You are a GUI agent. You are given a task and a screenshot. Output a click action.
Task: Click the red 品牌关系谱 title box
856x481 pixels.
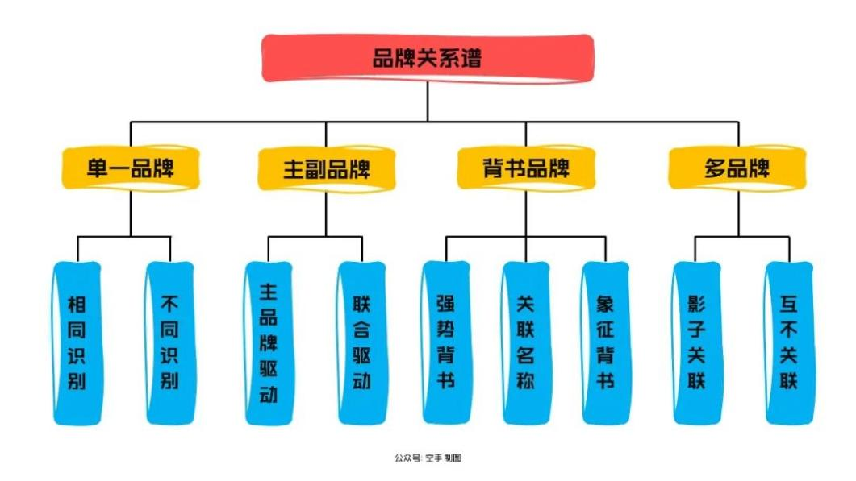coord(428,58)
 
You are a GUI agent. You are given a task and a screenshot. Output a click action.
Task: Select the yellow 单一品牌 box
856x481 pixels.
coord(131,169)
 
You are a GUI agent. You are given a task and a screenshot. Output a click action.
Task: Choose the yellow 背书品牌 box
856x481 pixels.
coord(526,169)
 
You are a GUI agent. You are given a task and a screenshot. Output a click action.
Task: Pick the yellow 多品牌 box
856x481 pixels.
coord(737,169)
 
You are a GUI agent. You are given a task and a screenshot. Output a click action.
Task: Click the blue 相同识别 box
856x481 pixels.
coord(77,342)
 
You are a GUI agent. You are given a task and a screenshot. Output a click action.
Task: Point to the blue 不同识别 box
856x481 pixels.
coord(170,342)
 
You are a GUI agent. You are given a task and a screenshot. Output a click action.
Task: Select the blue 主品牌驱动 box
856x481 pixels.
coord(269,342)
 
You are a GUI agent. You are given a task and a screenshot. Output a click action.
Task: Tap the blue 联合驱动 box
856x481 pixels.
coord(362,342)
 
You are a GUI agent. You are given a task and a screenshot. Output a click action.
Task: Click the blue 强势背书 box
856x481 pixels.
coord(445,342)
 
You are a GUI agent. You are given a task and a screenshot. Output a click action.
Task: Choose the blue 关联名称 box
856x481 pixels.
coord(526,342)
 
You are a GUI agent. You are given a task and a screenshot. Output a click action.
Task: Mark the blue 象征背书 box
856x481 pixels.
coord(605,342)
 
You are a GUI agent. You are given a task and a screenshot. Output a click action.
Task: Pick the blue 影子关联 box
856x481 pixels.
coord(696,342)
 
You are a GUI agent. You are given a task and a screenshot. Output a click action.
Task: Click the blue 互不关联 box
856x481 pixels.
coord(789,342)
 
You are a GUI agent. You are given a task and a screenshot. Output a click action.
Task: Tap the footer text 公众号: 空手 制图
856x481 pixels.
coord(428,458)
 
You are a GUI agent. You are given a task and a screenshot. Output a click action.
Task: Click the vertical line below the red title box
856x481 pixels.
coord(428,101)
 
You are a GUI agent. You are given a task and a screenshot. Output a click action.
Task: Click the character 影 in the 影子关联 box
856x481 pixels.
coord(696,305)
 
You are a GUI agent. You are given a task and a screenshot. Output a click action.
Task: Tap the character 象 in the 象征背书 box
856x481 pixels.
coord(605,305)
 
